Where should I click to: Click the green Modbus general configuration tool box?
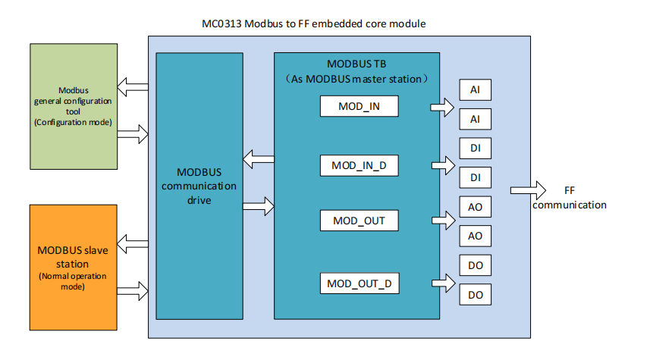click(73, 106)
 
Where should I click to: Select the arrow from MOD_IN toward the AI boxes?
click(442, 107)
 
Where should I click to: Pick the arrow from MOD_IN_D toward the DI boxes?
click(442, 164)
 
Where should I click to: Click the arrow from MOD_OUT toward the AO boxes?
click(442, 221)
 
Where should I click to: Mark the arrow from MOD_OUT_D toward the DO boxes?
click(442, 284)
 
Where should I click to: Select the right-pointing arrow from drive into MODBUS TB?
click(258, 205)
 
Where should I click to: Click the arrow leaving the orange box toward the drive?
click(133, 290)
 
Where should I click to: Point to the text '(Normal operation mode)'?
click(73, 281)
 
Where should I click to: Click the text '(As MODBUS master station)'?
click(356, 79)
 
